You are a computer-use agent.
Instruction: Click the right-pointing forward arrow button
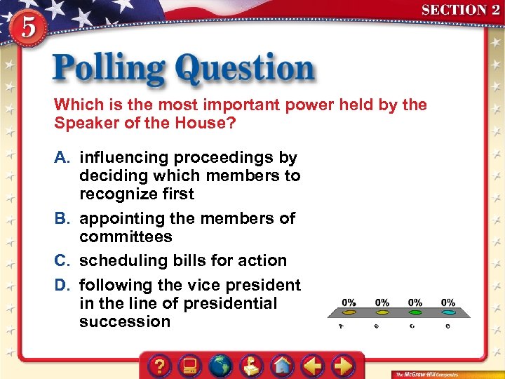click(342, 366)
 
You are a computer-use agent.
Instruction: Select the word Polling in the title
click(109, 69)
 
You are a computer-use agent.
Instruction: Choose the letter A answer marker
click(62, 158)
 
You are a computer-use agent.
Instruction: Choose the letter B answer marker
click(62, 218)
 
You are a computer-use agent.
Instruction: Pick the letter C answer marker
click(62, 260)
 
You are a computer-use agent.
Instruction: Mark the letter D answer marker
click(62, 286)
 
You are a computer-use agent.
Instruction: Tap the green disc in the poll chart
click(415, 312)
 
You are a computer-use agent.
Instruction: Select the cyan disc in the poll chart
click(448, 312)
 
